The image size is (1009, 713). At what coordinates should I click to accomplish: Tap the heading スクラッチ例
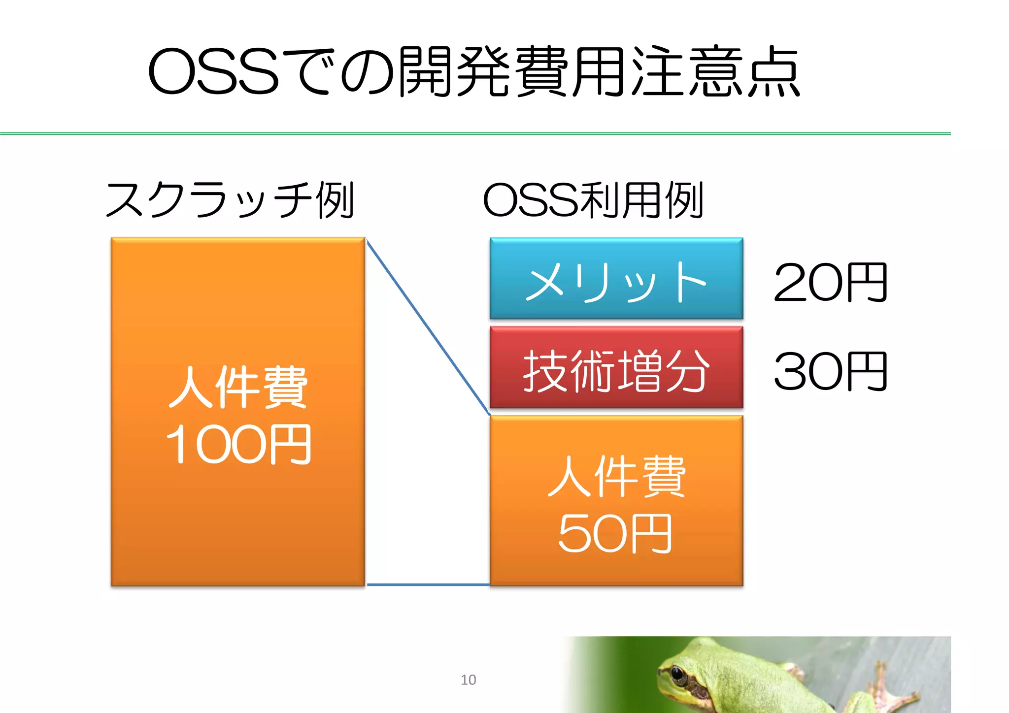pyautogui.click(x=230, y=200)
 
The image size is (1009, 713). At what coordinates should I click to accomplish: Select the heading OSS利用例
pyautogui.click(x=593, y=200)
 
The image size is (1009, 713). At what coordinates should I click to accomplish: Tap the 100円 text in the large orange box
pyautogui.click(x=238, y=445)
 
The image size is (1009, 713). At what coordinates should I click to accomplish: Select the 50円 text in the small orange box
pyautogui.click(x=615, y=534)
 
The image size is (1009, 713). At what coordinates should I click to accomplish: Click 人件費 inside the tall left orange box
pyautogui.click(x=238, y=387)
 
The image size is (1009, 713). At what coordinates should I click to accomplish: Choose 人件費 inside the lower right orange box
pyautogui.click(x=616, y=476)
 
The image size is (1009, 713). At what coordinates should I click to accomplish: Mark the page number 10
pyautogui.click(x=468, y=680)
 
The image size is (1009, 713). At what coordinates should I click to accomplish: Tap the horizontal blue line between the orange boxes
pyautogui.click(x=428, y=584)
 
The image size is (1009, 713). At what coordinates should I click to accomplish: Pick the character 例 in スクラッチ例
pyautogui.click(x=335, y=200)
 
